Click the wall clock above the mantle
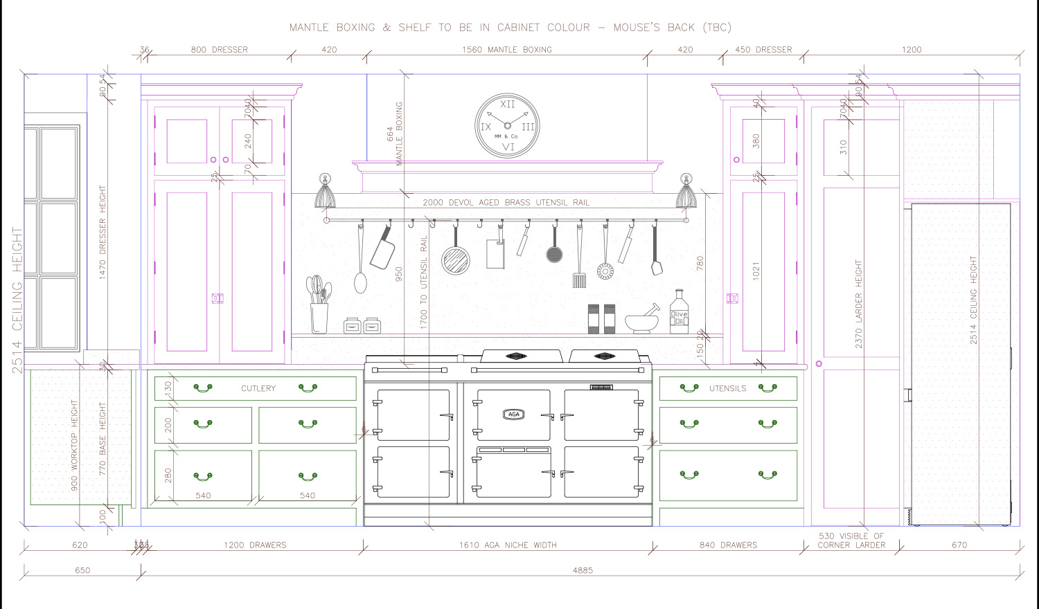coord(507,126)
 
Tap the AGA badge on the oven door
coord(513,415)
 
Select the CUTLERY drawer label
coord(258,388)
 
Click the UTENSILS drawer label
coord(727,388)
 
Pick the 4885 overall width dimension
coord(583,570)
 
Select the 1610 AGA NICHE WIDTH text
coord(508,545)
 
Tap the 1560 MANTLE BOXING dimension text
coord(507,50)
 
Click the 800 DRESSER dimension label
coord(220,50)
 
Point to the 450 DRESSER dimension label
coord(763,50)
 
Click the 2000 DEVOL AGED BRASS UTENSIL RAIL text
coord(506,203)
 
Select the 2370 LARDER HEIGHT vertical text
coord(859,304)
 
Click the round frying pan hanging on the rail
coord(456,260)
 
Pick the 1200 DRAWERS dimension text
coord(255,545)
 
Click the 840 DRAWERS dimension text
coord(728,545)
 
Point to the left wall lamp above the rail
coord(325,192)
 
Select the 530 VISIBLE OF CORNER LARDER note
coord(851,540)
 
